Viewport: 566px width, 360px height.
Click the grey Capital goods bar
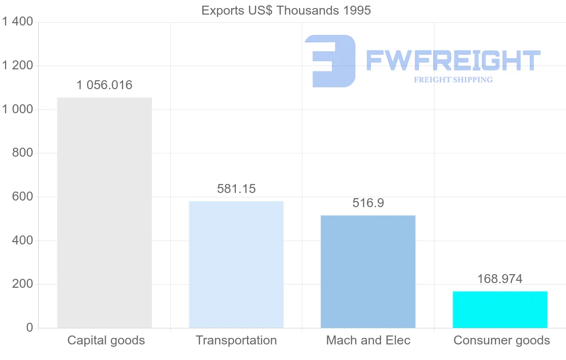pos(104,212)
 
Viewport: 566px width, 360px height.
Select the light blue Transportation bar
pos(236,264)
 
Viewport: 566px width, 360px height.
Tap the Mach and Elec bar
pos(368,271)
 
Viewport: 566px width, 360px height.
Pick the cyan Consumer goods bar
pos(500,310)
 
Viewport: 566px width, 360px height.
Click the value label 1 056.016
pos(104,85)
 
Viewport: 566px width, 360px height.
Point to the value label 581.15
pos(236,189)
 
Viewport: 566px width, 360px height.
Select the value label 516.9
pos(368,203)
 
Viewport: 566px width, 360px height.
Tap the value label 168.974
pos(500,279)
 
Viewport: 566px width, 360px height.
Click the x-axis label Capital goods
pos(106,340)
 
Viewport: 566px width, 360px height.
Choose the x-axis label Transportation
pos(236,340)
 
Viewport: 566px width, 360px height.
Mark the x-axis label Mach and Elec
pos(368,340)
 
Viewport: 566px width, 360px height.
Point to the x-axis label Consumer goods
pos(502,340)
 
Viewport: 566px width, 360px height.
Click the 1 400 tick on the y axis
pos(17,22)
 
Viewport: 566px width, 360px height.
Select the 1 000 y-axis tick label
pos(17,109)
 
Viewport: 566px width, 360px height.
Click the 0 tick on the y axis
pos(29,328)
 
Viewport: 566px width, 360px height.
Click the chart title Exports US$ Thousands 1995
pos(286,10)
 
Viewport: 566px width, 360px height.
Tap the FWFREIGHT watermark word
pos(453,60)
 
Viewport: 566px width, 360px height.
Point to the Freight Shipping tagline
pos(453,80)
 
